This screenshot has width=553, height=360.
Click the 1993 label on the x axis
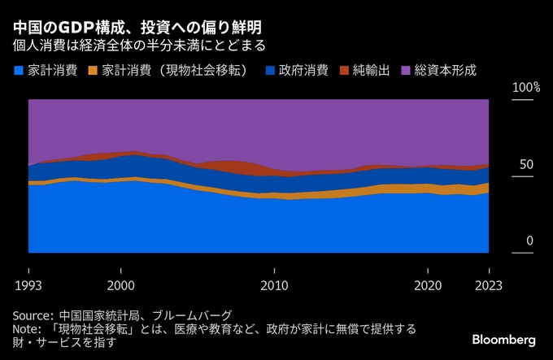(28, 285)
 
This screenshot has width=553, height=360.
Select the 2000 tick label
(120, 285)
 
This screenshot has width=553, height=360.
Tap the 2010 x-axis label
(274, 285)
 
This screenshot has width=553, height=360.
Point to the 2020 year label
(428, 285)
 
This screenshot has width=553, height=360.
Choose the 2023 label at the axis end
(489, 285)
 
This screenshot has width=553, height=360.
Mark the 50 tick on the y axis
(525, 165)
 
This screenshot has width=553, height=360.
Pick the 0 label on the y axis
(529, 241)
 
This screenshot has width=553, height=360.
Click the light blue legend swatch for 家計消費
(18, 71)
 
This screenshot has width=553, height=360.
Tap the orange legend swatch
(92, 71)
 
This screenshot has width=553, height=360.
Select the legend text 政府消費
(303, 71)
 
